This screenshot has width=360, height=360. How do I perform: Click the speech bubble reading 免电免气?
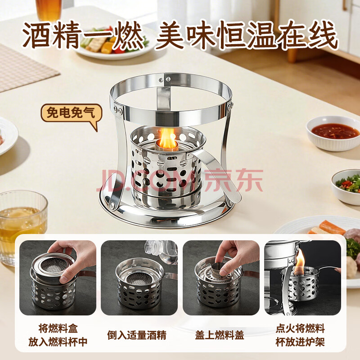(x=72, y=114)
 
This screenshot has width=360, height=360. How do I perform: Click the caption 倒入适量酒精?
(x=137, y=335)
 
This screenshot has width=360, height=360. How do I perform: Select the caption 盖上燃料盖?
(x=220, y=335)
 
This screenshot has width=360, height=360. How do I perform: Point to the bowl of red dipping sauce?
(x=333, y=133)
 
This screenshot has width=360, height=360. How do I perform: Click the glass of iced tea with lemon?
(x=22, y=226)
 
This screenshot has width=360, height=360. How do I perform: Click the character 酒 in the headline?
(x=37, y=35)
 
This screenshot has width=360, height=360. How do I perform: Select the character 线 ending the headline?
(x=323, y=35)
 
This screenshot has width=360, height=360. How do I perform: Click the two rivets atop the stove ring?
(x=164, y=80)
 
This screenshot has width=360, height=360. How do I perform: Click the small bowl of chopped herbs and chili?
(x=346, y=186)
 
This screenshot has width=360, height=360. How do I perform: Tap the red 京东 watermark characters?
(x=233, y=180)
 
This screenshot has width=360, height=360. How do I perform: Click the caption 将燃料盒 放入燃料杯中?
(x=58, y=335)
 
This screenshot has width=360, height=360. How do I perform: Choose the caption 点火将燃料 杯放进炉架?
(x=300, y=335)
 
